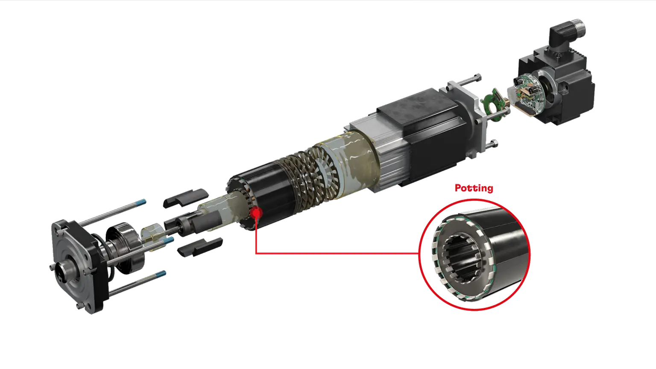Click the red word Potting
point(474,188)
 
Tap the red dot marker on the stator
point(256,212)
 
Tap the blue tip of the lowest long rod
point(162,273)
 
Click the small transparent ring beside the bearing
point(153,236)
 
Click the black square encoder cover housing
point(564,85)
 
